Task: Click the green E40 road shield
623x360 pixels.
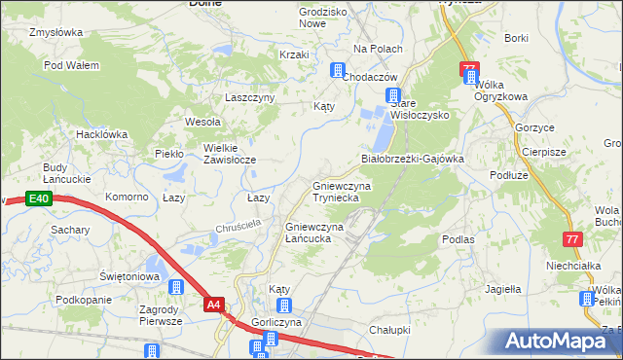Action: [38, 198]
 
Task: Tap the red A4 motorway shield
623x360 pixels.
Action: [215, 305]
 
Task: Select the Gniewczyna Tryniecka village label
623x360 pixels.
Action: [336, 190]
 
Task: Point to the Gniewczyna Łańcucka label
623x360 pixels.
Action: [314, 233]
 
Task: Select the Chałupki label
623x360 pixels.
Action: [387, 331]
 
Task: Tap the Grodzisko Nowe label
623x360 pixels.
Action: [297, 18]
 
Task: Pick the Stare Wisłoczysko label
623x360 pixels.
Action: [419, 109]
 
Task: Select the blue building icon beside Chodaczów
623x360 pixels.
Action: [338, 70]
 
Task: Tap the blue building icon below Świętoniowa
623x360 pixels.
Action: [176, 287]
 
